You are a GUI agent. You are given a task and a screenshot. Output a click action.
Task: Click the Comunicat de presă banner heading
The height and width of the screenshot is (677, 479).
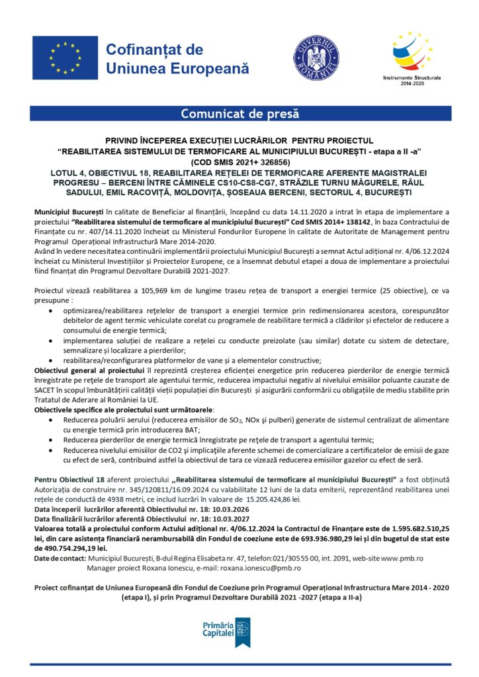(x=239, y=113)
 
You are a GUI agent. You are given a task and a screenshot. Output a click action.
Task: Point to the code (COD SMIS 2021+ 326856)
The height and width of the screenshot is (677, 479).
(x=239, y=161)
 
